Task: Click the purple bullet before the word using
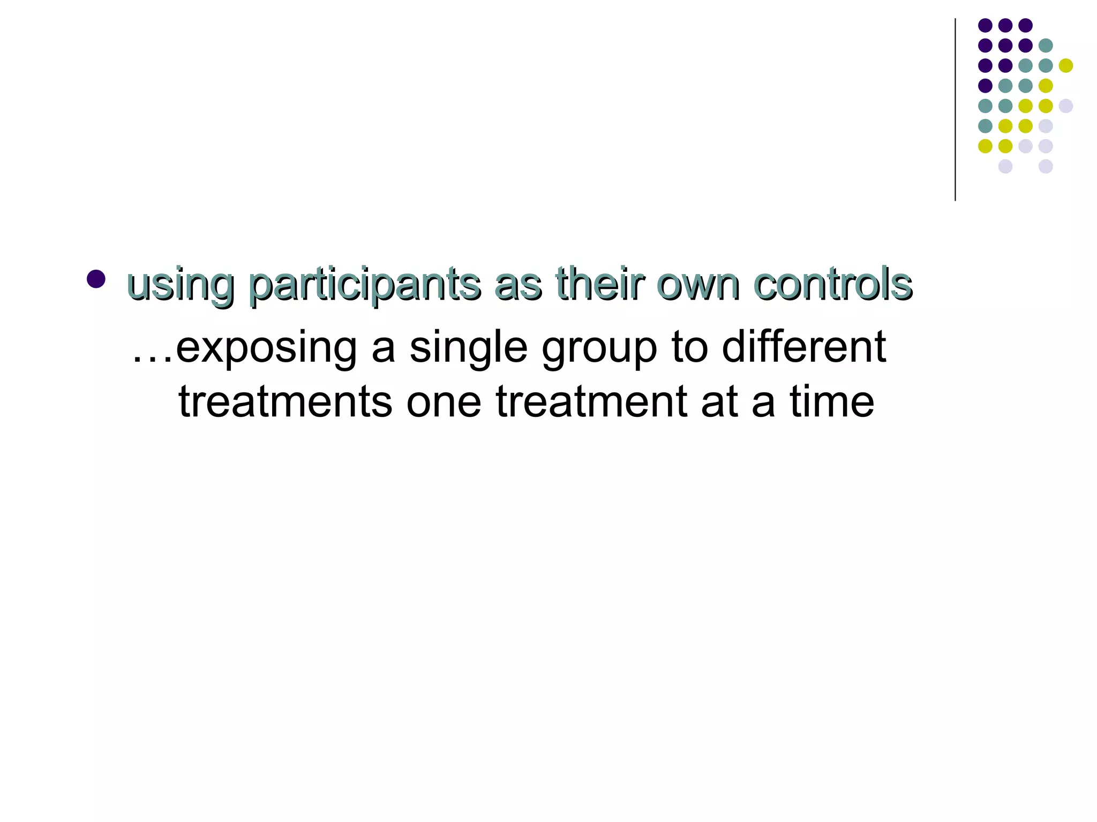click(x=96, y=279)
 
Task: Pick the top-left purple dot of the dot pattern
click(x=985, y=25)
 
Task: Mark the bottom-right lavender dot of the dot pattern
click(x=1046, y=166)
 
